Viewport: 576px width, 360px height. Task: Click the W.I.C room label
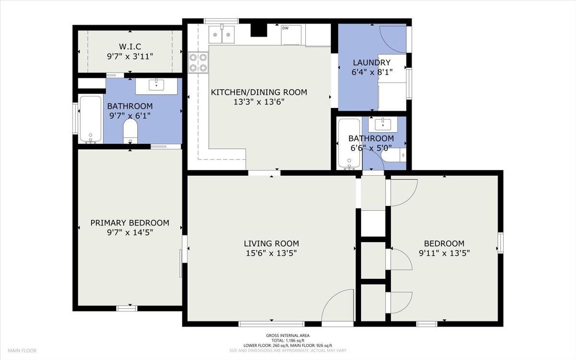130,47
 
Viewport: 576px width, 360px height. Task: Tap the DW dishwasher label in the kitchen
286,28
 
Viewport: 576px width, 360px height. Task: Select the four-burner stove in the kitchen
198,62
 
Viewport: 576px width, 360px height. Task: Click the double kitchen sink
221,35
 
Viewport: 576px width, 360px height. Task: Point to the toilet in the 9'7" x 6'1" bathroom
131,132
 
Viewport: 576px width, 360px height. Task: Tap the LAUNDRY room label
372,62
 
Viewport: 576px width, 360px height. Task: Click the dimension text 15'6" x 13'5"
271,253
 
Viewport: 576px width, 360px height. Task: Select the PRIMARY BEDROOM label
130,223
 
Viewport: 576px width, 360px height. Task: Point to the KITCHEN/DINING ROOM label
259,92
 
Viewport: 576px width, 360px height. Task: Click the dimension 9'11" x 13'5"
444,253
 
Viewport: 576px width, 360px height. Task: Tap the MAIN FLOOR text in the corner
22,350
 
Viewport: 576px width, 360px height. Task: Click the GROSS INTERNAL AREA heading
288,336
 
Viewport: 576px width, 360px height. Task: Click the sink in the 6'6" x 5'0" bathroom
383,124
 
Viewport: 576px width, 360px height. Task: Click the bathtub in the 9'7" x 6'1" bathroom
91,120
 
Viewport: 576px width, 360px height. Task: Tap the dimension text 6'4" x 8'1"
372,72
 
